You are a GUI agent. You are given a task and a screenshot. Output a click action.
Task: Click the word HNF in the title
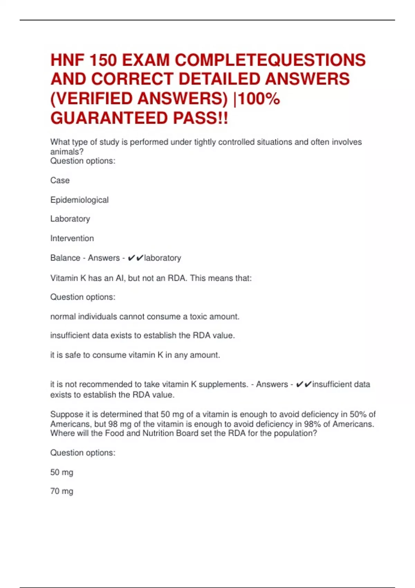67,60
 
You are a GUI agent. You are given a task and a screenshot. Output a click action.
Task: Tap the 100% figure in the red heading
259,99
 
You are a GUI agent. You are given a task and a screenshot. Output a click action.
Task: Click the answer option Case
60,181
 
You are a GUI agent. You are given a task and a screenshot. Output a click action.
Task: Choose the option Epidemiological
80,200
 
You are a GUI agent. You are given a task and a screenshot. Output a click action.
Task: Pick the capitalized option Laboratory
70,219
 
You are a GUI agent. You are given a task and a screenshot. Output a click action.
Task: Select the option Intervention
72,238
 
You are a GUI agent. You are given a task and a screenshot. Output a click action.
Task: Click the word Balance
65,258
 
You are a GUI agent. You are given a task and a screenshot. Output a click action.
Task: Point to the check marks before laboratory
135,258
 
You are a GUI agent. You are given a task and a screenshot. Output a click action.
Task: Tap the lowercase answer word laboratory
163,258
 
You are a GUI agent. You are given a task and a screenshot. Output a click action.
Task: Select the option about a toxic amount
145,316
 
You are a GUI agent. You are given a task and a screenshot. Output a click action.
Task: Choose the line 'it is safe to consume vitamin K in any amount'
135,355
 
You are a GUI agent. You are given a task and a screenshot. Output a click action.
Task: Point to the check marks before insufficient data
304,384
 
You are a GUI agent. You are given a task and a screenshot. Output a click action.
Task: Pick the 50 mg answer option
62,472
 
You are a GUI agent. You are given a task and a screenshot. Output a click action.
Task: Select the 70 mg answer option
62,491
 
